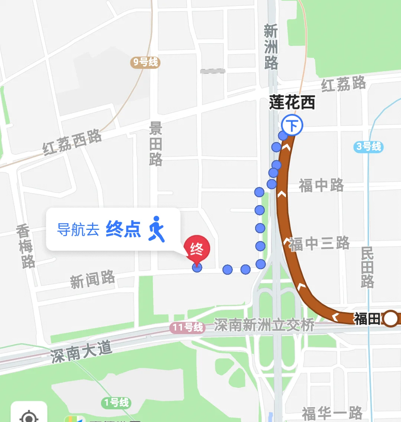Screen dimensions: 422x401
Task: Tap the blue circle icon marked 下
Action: click(x=292, y=125)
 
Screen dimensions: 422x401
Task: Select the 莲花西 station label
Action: click(x=292, y=102)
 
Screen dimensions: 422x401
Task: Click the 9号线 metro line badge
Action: click(x=145, y=62)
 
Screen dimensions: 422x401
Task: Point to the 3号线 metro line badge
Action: click(x=368, y=146)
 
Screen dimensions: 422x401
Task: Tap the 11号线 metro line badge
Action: click(x=188, y=327)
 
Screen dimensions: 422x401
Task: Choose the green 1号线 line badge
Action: click(x=116, y=402)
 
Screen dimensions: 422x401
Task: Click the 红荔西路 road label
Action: click(x=72, y=142)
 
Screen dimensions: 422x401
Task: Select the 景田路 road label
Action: click(x=156, y=144)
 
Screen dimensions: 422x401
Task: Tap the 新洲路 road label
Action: click(x=271, y=47)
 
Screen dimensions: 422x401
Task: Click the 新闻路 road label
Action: click(x=92, y=280)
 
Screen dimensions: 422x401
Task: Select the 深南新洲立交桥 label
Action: click(x=264, y=326)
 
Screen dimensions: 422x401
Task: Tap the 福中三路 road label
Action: click(x=319, y=244)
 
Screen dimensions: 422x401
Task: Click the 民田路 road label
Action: click(x=367, y=267)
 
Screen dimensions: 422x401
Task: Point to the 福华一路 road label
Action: click(x=332, y=413)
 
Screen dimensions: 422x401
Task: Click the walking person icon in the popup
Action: click(x=157, y=229)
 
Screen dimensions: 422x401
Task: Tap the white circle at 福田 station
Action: click(x=390, y=319)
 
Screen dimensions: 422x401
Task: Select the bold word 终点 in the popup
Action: click(x=123, y=229)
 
